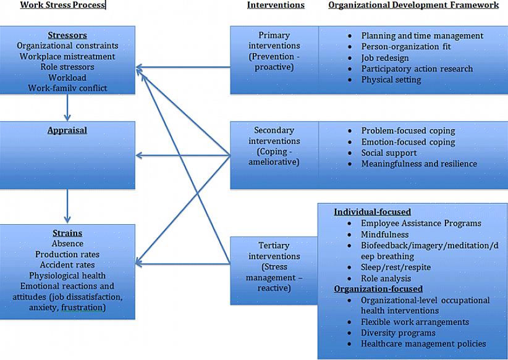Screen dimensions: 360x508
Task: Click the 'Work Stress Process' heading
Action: [62, 5]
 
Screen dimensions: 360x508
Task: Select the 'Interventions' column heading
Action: [276, 5]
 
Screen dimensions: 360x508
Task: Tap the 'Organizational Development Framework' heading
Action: [413, 5]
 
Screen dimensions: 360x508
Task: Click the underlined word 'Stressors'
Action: [67, 35]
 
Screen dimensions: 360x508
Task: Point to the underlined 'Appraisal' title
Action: [67, 130]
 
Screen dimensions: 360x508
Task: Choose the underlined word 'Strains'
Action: [67, 233]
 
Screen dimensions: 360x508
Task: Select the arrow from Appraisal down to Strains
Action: [67, 206]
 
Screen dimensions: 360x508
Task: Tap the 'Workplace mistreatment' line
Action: [67, 56]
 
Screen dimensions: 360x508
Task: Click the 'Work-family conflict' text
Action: [67, 88]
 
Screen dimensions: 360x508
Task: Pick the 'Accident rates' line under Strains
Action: [67, 265]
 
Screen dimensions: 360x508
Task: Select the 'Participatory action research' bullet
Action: [417, 69]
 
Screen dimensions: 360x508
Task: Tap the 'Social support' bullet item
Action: [389, 153]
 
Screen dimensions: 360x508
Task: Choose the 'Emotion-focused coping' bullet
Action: [408, 142]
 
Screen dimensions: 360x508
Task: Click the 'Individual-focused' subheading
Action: [372, 212]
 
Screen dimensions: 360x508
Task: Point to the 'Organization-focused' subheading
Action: [378, 289]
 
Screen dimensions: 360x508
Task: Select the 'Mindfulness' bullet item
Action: [384, 235]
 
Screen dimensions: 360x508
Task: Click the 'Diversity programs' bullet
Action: [398, 333]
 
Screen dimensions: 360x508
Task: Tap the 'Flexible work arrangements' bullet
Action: [415, 322]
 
